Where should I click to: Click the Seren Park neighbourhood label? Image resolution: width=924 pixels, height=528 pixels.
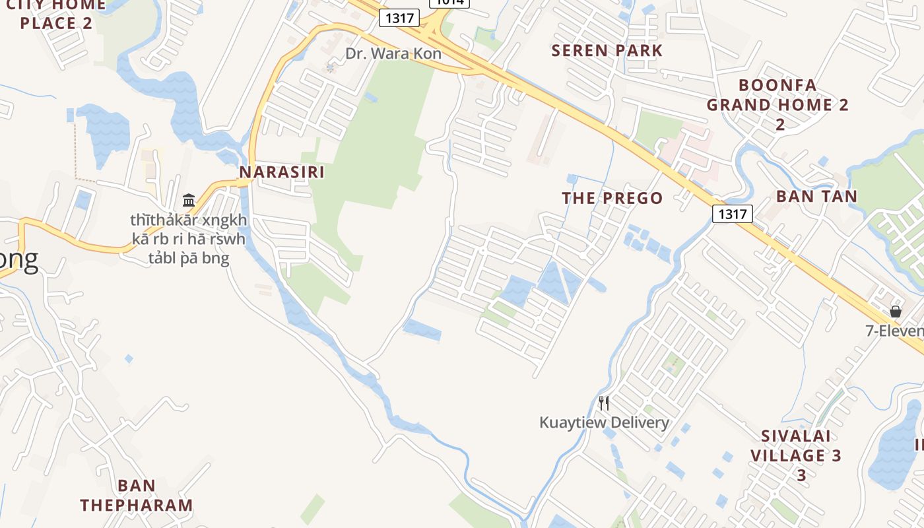coord(607,50)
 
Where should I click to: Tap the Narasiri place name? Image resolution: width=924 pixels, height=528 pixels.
coord(282,172)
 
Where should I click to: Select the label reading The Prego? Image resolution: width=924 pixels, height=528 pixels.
coord(612,198)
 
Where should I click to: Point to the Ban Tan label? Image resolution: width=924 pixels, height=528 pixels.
coord(816,196)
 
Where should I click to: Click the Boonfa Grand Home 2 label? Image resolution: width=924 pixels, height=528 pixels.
coord(777,104)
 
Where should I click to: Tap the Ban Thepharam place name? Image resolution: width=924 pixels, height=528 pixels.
coord(137,496)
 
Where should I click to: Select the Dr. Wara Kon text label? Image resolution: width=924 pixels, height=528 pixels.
coord(393,54)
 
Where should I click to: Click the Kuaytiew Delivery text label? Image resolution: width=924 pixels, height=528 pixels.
coord(604,422)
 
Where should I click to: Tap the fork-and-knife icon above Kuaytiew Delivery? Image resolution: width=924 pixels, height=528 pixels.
coord(603,403)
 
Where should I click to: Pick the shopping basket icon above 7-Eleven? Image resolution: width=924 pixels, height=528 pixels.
coord(896,312)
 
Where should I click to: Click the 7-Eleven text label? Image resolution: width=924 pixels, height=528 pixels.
coord(894,331)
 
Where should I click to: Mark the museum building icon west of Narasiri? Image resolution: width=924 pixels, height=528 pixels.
coord(189,200)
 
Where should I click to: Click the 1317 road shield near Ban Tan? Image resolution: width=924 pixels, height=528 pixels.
coord(733,213)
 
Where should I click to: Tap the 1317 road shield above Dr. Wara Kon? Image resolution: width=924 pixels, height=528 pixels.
coord(399,18)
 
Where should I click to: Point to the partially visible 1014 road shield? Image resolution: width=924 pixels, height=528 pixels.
coord(451,3)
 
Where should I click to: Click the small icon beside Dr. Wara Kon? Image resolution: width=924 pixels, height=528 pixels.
coord(331,67)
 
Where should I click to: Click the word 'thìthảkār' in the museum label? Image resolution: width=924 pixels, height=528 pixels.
coord(158,220)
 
